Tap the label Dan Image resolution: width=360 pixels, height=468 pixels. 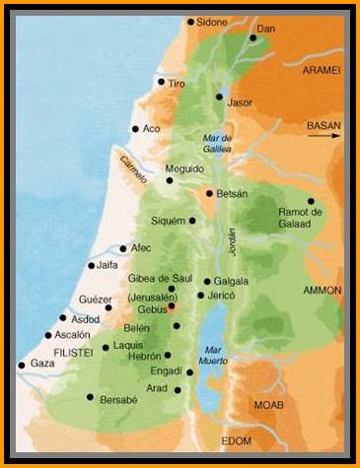(x=264, y=30)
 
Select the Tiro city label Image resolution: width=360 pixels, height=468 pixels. (x=177, y=85)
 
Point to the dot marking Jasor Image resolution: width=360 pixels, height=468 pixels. (x=219, y=97)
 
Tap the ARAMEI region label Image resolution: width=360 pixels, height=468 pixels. (x=321, y=70)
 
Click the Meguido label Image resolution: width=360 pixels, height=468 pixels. (x=184, y=168)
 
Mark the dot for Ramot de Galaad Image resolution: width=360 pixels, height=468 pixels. (x=311, y=200)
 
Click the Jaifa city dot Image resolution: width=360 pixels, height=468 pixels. (x=91, y=265)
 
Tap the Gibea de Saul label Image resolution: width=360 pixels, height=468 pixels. (x=160, y=280)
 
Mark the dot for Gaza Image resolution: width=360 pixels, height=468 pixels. (x=22, y=365)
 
